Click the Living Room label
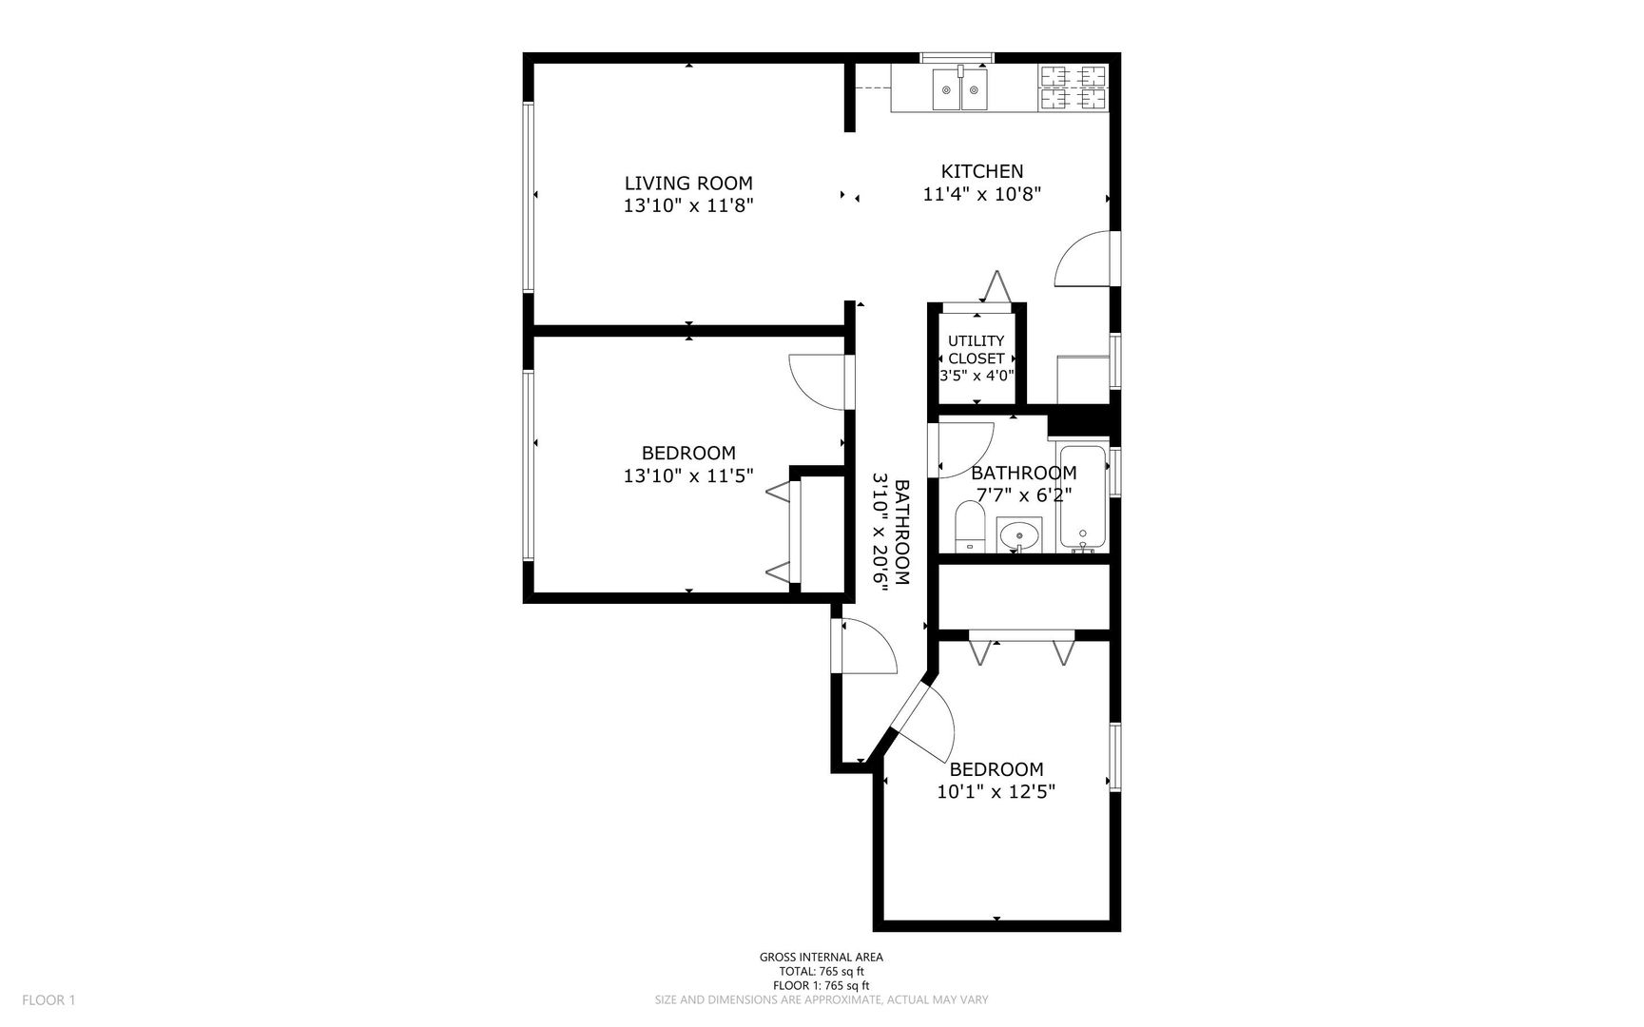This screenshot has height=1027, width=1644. [x=688, y=183]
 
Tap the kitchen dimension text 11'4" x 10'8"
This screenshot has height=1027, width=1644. [x=982, y=194]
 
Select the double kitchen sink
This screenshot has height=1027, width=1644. [x=959, y=89]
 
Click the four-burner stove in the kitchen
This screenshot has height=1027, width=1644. [x=1073, y=87]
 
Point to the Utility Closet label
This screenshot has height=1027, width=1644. [x=977, y=349]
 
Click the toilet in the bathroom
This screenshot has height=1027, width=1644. [x=970, y=527]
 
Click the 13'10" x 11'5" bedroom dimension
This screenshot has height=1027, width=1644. [x=688, y=475]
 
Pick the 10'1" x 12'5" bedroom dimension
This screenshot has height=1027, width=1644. [x=996, y=791]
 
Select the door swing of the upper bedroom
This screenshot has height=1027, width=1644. [x=818, y=382]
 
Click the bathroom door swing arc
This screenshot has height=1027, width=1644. [x=965, y=449]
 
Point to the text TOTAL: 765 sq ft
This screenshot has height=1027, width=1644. [x=821, y=972]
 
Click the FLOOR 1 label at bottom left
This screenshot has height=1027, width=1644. [x=48, y=999]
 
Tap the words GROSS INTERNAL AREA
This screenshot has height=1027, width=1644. [x=821, y=958]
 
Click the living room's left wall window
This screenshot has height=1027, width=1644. [x=528, y=196]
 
